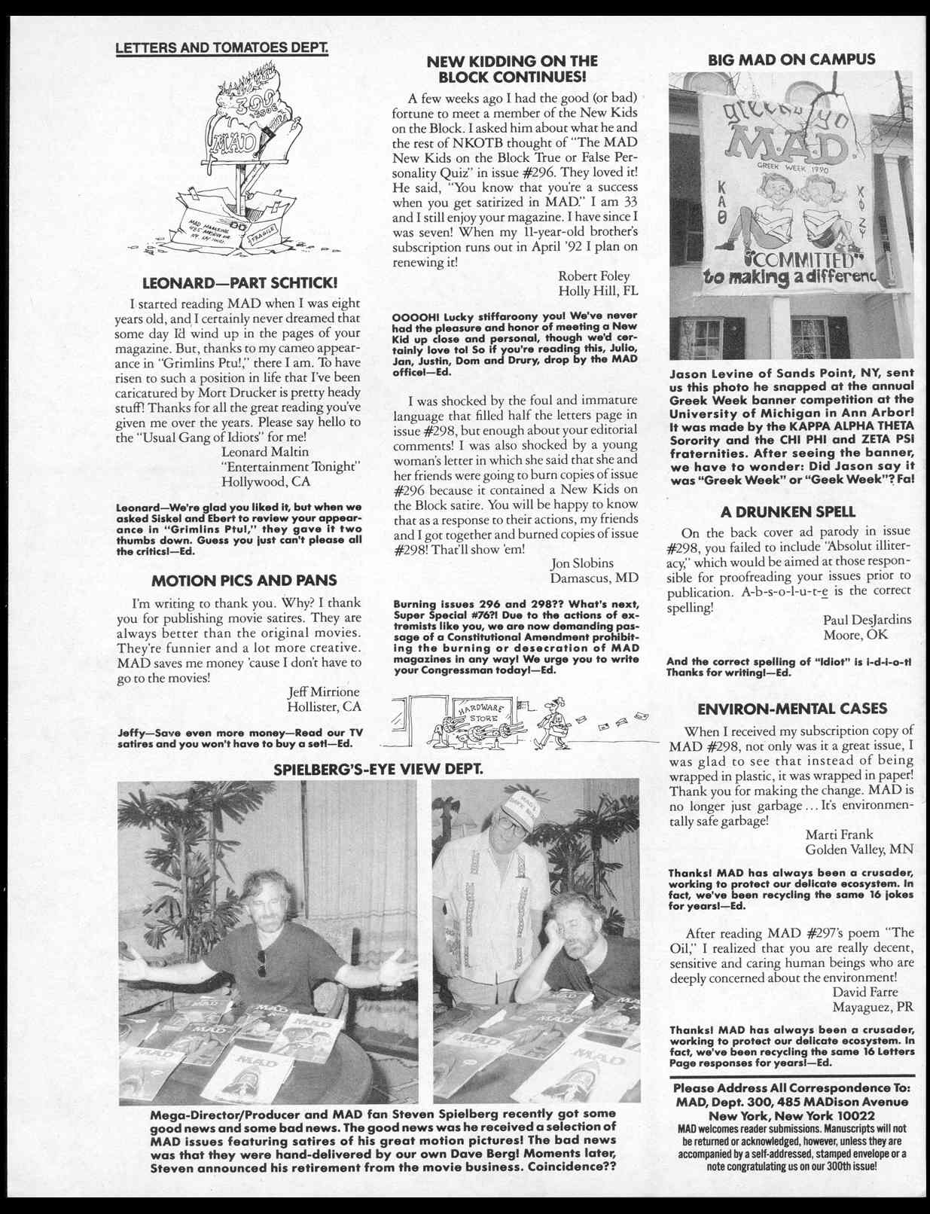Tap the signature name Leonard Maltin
pos(265,452)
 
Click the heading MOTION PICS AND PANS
pos(244,581)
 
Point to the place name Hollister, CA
pos(324,706)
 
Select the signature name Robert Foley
pos(593,276)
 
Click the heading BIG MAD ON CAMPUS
pos(791,59)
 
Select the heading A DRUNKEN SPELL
pos(788,512)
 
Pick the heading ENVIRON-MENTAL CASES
pos(792,709)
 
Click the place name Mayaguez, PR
pos(873,1007)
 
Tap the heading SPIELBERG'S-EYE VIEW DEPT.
pos(377,770)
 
